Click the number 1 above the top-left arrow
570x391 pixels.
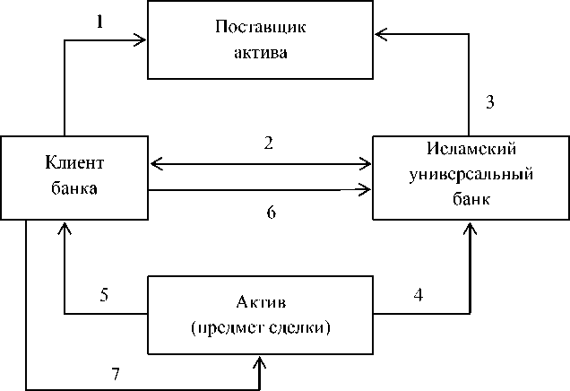100,22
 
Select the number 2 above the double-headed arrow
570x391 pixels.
269,143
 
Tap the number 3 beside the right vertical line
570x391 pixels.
490,102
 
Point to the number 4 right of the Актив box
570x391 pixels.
419,295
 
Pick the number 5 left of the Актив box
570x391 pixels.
104,294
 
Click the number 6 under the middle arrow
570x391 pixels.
272,213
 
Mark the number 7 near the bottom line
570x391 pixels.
116,374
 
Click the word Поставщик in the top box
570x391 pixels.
260,27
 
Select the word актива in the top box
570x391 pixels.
260,53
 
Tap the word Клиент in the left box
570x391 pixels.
74,162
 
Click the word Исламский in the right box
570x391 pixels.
471,149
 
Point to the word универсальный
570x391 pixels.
471,175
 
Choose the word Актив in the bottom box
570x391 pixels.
261,301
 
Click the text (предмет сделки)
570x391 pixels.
261,328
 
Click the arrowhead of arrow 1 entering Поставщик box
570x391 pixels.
141,40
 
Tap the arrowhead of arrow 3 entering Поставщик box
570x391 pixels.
381,34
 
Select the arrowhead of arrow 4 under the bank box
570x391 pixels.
471,229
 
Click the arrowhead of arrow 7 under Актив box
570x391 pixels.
260,362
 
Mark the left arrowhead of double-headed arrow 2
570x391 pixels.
157,164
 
